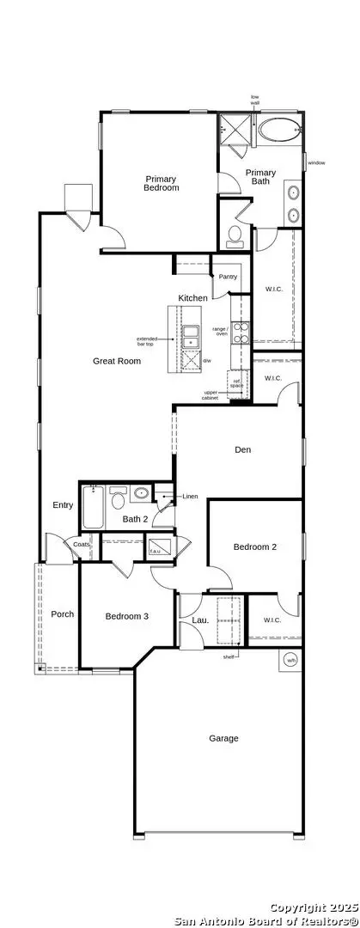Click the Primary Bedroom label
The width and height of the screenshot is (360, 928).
(161, 183)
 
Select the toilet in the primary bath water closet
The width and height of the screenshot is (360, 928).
(235, 237)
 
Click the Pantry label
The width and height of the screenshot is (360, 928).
(228, 277)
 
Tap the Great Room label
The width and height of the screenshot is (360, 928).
(117, 361)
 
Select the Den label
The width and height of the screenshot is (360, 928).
(242, 449)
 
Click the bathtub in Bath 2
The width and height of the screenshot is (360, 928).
(93, 508)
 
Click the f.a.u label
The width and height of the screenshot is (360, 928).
(156, 550)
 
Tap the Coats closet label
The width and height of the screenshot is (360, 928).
(82, 544)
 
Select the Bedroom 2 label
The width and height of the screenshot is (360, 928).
(255, 546)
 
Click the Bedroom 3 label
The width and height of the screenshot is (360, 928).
(127, 615)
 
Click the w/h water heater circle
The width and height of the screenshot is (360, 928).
(290, 661)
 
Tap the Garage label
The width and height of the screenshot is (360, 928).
(223, 738)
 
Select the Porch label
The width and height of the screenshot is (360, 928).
(62, 614)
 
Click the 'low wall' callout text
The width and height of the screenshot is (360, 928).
(254, 100)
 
